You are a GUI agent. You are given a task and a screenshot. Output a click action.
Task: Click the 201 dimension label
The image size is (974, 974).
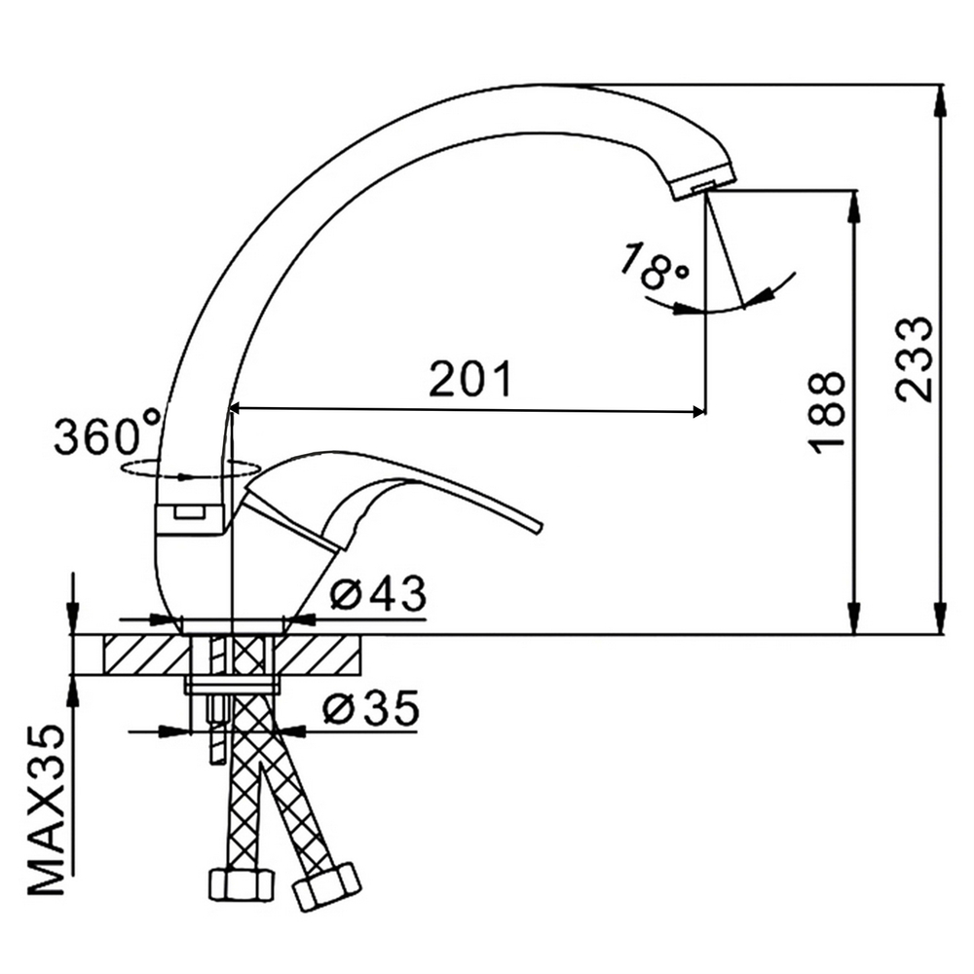pyautogui.click(x=471, y=378)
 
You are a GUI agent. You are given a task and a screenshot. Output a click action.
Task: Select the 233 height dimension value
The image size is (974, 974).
pyautogui.click(x=915, y=359)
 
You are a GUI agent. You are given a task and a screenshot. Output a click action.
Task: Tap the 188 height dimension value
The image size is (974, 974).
pyautogui.click(x=827, y=412)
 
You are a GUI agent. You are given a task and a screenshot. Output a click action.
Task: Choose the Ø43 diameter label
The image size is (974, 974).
pyautogui.click(x=378, y=593)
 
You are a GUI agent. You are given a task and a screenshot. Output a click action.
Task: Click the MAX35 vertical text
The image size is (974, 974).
pyautogui.click(x=47, y=810)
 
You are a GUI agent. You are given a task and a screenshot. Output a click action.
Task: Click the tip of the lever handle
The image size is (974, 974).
pyautogui.click(x=538, y=526)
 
